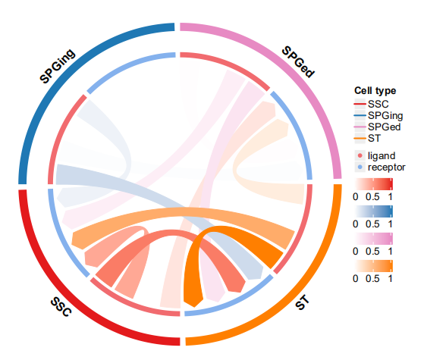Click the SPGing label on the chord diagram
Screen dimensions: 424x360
(x=58, y=66)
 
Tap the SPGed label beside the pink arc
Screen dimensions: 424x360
(x=298, y=62)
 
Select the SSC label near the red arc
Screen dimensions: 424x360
(x=61, y=306)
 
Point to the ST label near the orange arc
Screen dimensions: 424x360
(x=302, y=302)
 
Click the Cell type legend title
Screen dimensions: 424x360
(x=375, y=91)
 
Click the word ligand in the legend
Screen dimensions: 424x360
(x=382, y=156)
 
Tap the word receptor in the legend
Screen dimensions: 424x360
(x=386, y=167)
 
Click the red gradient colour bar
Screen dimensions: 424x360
(x=374, y=184)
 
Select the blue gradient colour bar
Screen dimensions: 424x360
(x=374, y=211)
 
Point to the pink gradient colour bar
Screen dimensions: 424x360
(x=374, y=239)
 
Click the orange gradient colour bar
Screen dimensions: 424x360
(x=374, y=266)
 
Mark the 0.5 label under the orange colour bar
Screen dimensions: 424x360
(x=372, y=279)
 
